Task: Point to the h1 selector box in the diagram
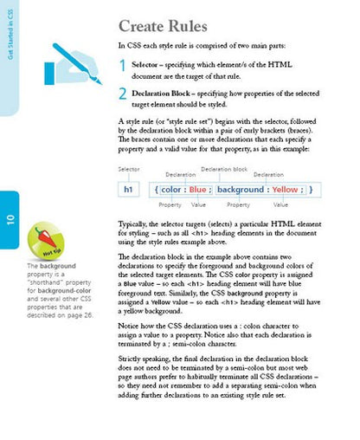point(128,189)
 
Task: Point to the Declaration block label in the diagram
point(224,169)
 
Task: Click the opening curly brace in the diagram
point(156,189)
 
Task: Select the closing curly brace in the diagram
point(311,189)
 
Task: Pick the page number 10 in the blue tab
point(10,211)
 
